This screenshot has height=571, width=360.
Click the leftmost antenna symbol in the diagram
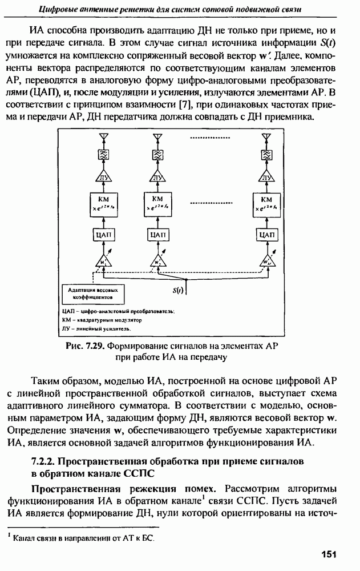coord(103,138)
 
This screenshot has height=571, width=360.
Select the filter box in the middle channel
coord(157,155)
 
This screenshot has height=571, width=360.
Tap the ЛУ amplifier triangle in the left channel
coord(103,177)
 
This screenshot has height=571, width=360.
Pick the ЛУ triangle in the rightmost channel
coord(266,177)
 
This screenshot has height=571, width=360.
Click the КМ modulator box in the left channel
coord(103,204)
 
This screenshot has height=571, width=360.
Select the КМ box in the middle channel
coord(157,204)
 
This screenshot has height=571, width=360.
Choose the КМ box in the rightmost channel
coord(266,204)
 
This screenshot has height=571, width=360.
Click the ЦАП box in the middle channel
coord(157,234)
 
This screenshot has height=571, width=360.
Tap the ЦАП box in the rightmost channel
coord(266,234)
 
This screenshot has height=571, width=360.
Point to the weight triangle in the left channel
coord(103,261)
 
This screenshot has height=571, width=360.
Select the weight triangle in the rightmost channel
coord(266,261)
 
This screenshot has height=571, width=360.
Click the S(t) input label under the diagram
coord(178,291)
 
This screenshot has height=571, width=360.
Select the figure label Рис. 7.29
coord(86,347)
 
